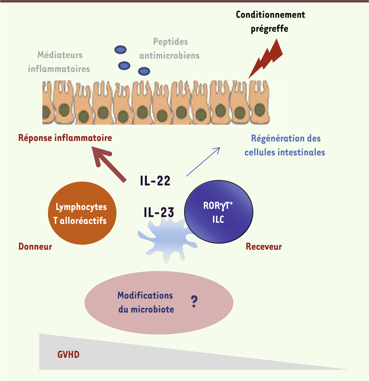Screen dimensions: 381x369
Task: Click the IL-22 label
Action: (x=155, y=181)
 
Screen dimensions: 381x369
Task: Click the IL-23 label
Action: (x=159, y=212)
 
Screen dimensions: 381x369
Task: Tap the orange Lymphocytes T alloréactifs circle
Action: (x=82, y=213)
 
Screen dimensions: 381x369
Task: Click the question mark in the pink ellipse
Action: (x=194, y=302)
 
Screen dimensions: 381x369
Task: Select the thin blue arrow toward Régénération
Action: (x=203, y=162)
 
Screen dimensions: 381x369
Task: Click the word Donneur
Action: (x=35, y=246)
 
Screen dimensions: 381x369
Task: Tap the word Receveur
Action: (x=264, y=246)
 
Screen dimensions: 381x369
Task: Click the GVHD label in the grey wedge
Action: (x=69, y=355)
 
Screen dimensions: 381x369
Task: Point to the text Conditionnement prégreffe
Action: (x=270, y=21)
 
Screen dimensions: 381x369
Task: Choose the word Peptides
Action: (x=171, y=42)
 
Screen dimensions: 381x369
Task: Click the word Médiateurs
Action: (x=60, y=55)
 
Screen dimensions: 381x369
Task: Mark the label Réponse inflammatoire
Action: (x=65, y=138)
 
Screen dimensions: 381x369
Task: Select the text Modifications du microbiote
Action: (x=145, y=302)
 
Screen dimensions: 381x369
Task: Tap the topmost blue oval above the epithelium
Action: (x=121, y=50)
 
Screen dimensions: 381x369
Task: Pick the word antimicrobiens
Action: (x=169, y=55)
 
